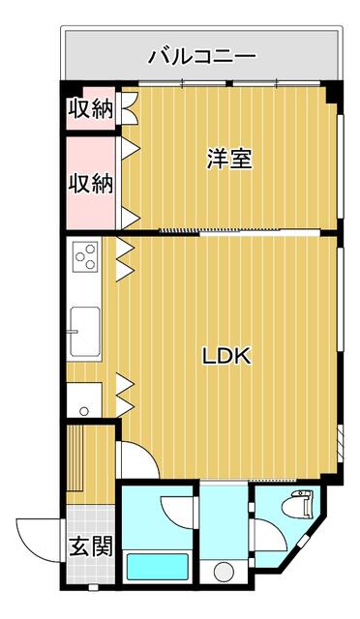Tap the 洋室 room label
(228, 160)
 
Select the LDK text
(226, 356)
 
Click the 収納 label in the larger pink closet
(90, 182)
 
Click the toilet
(300, 508)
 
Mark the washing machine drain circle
(225, 571)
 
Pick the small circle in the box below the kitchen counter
(84, 411)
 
